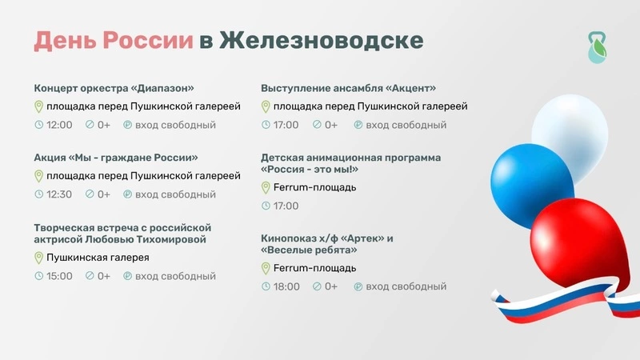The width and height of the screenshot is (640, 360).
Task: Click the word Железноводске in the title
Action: (322, 41)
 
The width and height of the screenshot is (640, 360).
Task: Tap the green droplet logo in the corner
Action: (597, 48)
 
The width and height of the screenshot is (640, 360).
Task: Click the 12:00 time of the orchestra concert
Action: (59, 125)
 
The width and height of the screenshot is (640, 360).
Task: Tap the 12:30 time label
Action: (59, 194)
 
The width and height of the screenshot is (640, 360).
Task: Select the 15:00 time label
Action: (59, 276)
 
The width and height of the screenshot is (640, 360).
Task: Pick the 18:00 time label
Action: (286, 286)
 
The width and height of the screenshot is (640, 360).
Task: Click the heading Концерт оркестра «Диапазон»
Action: (114, 88)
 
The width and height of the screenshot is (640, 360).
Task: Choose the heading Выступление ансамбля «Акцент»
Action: (349, 88)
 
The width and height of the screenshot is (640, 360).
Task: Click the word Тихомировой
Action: (171, 239)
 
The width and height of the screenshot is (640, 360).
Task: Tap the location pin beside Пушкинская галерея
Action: (38, 258)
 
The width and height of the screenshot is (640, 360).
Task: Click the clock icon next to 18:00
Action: (266, 286)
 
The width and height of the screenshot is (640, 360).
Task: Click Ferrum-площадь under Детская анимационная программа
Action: (314, 188)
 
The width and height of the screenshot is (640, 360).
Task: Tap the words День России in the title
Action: (114, 41)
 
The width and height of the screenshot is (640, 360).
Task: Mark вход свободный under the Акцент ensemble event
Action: (406, 125)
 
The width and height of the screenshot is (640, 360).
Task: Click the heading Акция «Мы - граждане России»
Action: (116, 158)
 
